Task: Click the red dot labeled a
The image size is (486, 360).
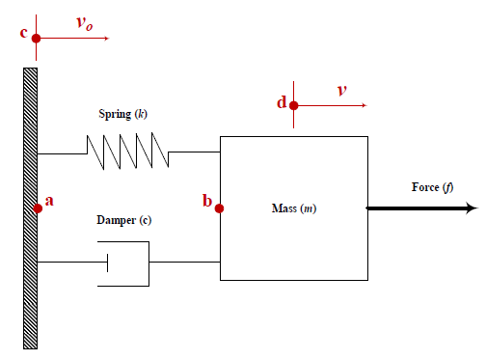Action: coord(38,208)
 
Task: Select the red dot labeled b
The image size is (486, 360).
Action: coord(220,208)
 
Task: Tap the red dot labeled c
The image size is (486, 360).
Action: coord(36,39)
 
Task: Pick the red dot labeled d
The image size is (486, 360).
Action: coord(293,106)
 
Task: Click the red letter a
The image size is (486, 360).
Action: coord(50,201)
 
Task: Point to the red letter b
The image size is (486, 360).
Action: coord(206,201)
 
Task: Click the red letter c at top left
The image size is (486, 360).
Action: coord(24,33)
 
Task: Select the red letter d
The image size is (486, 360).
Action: coord(282,101)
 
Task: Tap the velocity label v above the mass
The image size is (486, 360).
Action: coord(341,91)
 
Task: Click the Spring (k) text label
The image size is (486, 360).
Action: coord(122,114)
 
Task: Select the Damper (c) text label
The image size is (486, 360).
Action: coord(124,220)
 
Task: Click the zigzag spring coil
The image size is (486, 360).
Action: coord(127,151)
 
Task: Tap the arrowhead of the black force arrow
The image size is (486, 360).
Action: coord(471,208)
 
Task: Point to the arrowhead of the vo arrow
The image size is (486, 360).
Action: coord(107,39)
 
